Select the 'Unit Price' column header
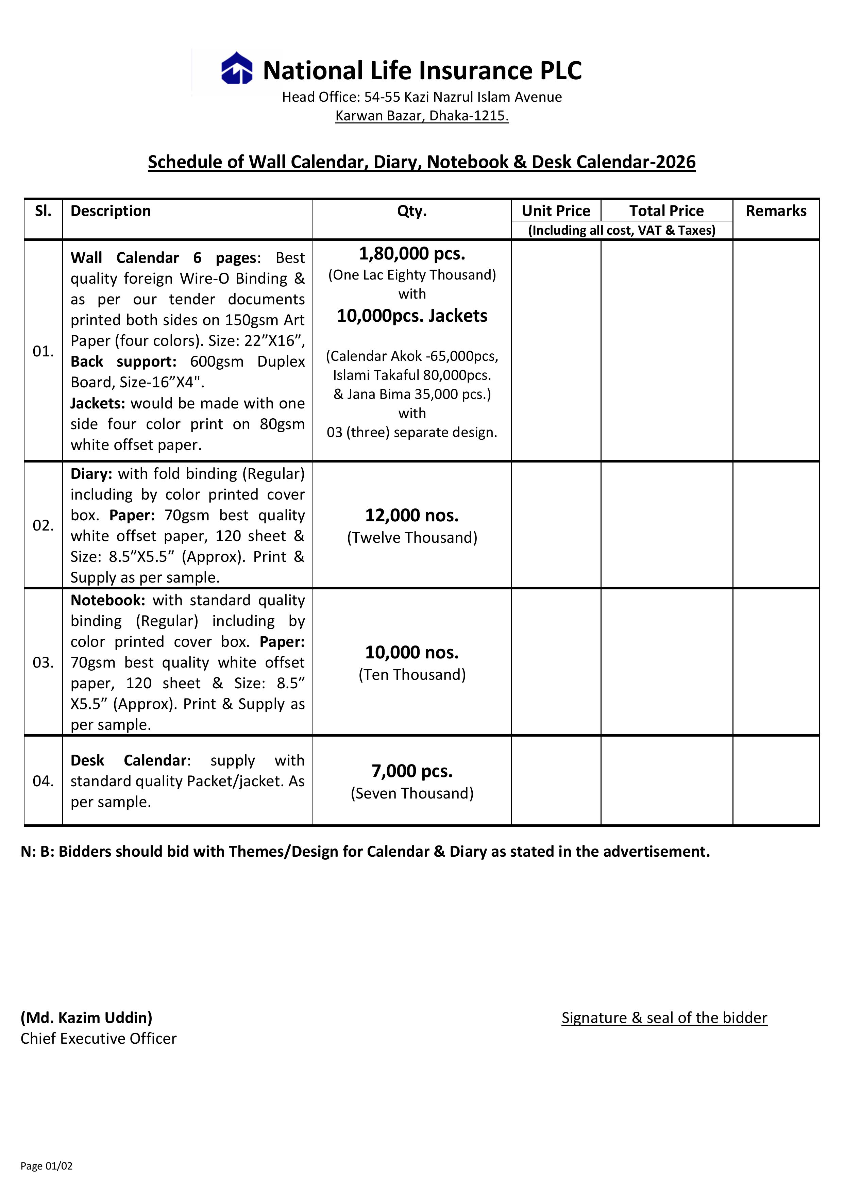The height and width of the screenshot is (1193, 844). (x=556, y=211)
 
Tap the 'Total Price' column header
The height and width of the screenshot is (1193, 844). (x=666, y=211)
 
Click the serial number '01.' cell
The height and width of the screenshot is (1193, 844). (x=43, y=351)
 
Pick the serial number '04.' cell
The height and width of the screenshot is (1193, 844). (x=43, y=781)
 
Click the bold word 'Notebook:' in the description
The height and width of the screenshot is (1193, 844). (x=107, y=600)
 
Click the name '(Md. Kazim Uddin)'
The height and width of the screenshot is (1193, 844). (x=86, y=1018)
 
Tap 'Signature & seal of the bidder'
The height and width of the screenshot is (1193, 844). (x=664, y=1018)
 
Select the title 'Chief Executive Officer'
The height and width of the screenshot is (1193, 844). (x=98, y=1038)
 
